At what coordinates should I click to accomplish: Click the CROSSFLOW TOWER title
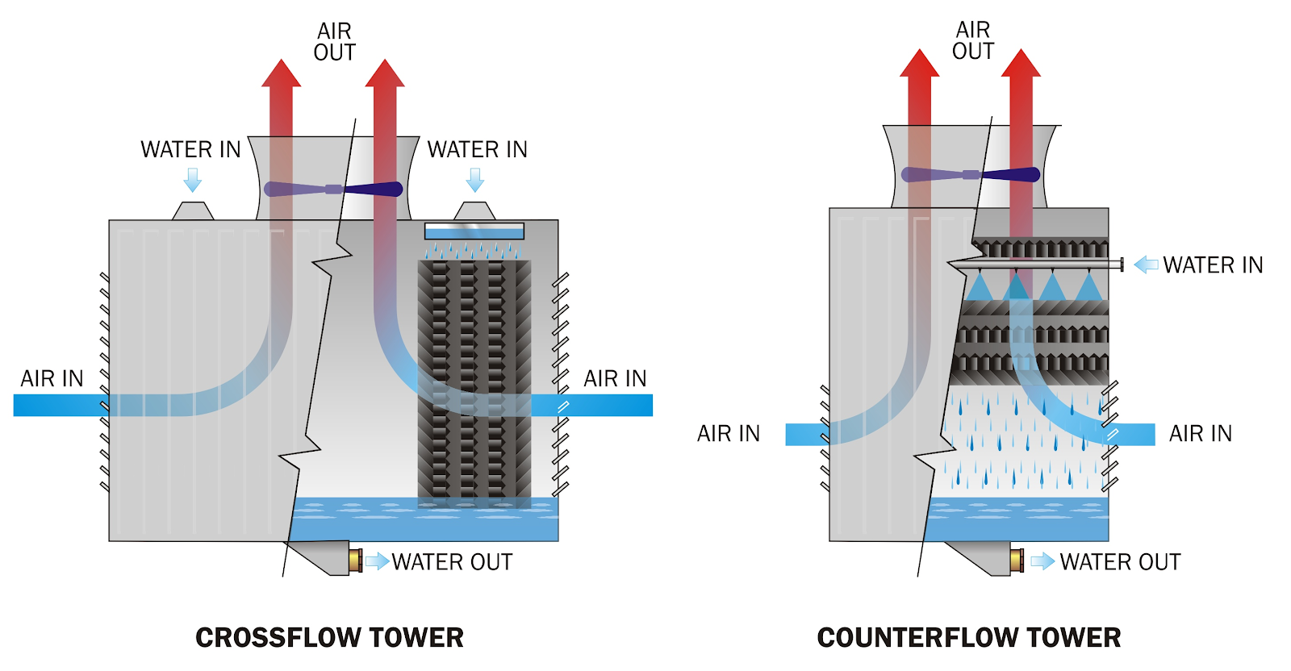[329, 637]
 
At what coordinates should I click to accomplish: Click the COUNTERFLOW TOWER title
[968, 637]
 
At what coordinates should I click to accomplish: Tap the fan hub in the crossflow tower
[333, 190]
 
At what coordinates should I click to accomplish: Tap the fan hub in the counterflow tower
[971, 174]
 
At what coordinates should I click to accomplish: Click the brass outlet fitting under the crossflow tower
[355, 560]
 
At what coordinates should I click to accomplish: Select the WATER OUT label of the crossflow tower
[452, 561]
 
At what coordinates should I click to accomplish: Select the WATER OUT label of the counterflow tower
[1120, 561]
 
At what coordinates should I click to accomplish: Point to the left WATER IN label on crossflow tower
[190, 149]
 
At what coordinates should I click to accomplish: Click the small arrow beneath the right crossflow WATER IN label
[475, 179]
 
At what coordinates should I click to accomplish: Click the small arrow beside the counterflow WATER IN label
[1146, 265]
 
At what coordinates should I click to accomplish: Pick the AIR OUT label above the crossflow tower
[334, 42]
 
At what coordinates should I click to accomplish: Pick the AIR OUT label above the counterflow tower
[972, 40]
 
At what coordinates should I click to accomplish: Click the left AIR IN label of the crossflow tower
[52, 378]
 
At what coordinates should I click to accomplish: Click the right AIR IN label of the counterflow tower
[1200, 433]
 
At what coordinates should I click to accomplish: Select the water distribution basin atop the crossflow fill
[474, 231]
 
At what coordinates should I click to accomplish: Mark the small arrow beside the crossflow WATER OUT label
[377, 561]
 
